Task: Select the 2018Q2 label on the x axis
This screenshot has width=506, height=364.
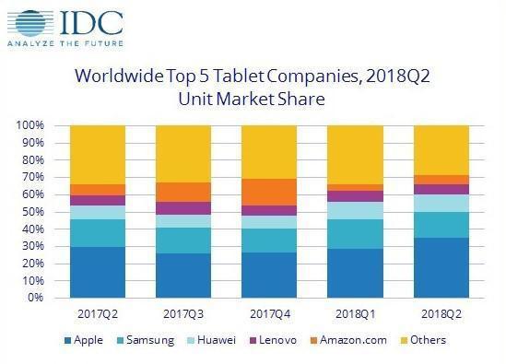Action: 441,313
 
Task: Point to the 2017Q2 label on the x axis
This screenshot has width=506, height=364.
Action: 98,313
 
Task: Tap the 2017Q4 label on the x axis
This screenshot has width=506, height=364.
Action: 269,313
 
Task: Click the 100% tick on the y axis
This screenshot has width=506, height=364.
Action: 30,125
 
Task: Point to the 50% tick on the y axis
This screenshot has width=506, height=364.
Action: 33,212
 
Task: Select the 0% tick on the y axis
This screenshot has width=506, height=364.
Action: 36,299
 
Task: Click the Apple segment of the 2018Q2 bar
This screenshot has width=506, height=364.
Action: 441,268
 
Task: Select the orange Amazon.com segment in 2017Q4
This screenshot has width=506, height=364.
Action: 269,192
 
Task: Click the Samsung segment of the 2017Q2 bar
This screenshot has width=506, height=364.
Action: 98,233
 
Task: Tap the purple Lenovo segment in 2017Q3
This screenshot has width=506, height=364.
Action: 183,208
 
